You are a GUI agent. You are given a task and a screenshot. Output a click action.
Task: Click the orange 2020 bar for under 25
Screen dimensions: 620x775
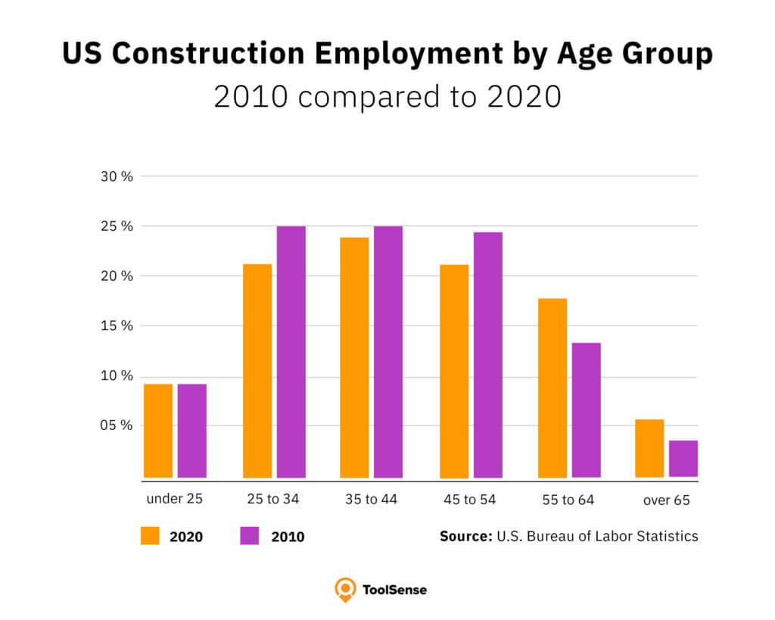(x=158, y=431)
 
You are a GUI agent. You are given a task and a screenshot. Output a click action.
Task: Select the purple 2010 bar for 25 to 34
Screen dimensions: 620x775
(x=291, y=352)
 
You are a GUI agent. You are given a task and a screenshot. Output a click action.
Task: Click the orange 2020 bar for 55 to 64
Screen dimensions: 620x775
(x=552, y=388)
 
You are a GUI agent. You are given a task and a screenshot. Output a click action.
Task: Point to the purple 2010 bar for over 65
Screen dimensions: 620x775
(x=683, y=459)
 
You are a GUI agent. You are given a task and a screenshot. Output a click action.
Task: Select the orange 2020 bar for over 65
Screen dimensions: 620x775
(x=649, y=448)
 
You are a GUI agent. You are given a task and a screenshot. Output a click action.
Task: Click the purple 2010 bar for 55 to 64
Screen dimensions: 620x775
(x=586, y=410)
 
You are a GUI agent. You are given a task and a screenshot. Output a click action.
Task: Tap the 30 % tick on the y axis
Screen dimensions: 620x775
(x=117, y=176)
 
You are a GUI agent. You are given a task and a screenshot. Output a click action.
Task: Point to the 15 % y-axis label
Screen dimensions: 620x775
(x=117, y=326)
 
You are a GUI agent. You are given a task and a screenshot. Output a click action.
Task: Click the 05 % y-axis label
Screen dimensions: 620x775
(x=117, y=425)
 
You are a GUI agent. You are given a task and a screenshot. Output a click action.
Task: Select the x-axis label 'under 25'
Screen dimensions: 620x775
(x=175, y=500)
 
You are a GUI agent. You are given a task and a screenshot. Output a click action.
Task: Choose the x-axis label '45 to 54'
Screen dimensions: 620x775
(x=469, y=500)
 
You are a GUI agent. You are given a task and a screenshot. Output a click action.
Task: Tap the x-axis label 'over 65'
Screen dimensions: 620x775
(x=666, y=500)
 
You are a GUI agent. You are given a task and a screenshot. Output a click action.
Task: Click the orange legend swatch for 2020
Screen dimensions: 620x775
(x=150, y=536)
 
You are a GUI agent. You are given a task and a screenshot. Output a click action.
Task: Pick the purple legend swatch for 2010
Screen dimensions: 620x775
(x=250, y=536)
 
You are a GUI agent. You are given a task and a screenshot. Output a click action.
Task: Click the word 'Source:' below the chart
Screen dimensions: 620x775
(x=465, y=536)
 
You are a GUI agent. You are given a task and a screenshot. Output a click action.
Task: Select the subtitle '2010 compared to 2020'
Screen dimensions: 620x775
(x=387, y=97)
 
